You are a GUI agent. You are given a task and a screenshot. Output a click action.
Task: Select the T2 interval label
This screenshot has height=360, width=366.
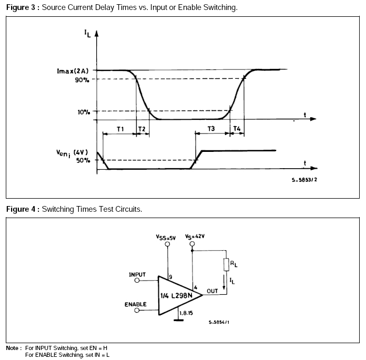click(141, 128)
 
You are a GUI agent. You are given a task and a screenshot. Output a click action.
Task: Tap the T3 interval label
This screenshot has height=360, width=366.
click(211, 128)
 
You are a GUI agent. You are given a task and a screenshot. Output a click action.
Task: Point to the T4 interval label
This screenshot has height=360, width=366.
click(237, 128)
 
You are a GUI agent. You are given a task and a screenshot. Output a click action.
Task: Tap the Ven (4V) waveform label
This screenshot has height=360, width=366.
click(73, 153)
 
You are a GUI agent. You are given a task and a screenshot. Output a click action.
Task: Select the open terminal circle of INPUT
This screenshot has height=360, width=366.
click(137, 280)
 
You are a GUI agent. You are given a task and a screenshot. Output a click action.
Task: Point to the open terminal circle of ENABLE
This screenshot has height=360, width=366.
click(137, 310)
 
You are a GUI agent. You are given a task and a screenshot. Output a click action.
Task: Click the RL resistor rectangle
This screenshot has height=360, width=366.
click(226, 264)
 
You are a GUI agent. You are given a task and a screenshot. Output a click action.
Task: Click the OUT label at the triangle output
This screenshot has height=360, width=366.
click(212, 290)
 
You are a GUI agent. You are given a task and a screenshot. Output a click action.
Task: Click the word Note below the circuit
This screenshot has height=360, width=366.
click(13, 348)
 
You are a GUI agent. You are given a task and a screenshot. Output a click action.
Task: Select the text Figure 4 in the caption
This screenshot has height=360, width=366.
click(21, 209)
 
